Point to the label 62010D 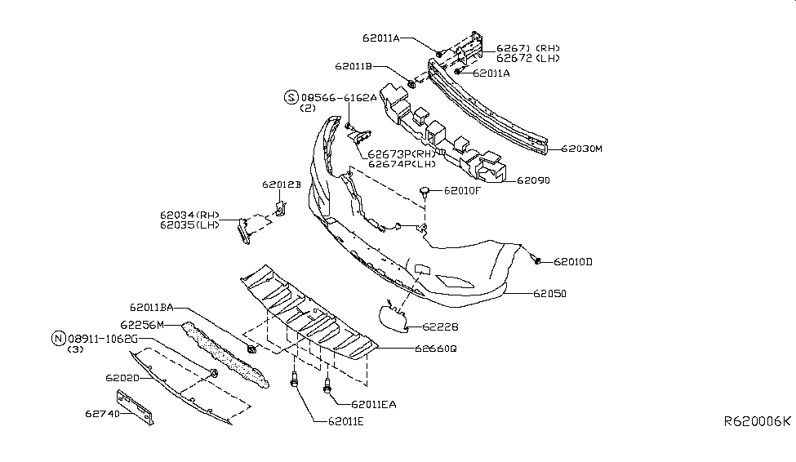coord(573,262)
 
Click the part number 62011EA coord(374,404)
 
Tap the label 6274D coord(101,414)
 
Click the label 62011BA coord(151,308)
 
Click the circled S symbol coord(291,97)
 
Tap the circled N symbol coord(58,338)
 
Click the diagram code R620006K coord(757,421)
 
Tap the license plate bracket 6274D coord(135,406)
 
